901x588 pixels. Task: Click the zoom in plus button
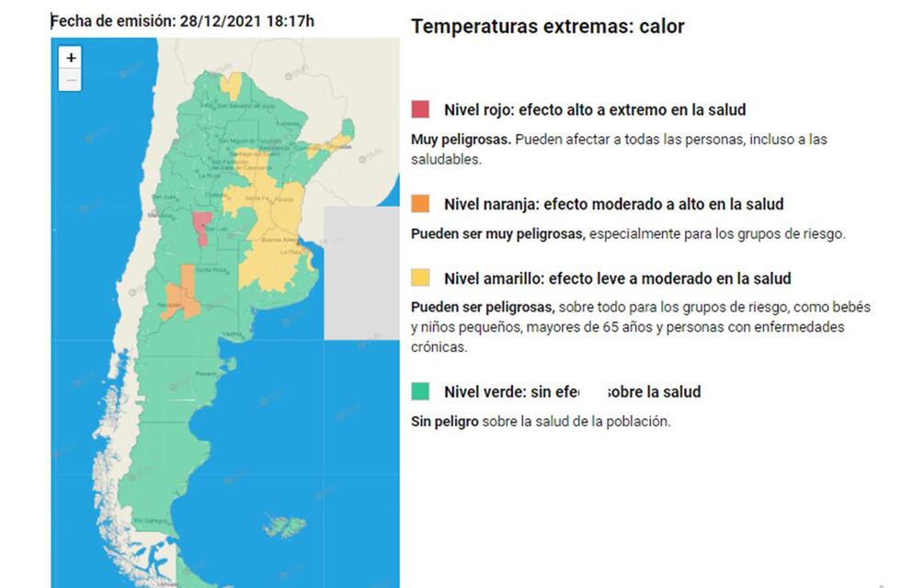point(72,57)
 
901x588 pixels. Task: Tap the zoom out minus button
point(72,80)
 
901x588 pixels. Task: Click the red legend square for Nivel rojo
point(420,110)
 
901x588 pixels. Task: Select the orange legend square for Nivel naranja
point(420,204)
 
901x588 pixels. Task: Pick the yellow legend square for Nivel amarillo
point(420,277)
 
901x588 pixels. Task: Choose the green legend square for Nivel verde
point(420,392)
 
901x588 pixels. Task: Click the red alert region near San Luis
point(200,227)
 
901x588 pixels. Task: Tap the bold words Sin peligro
point(449,422)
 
